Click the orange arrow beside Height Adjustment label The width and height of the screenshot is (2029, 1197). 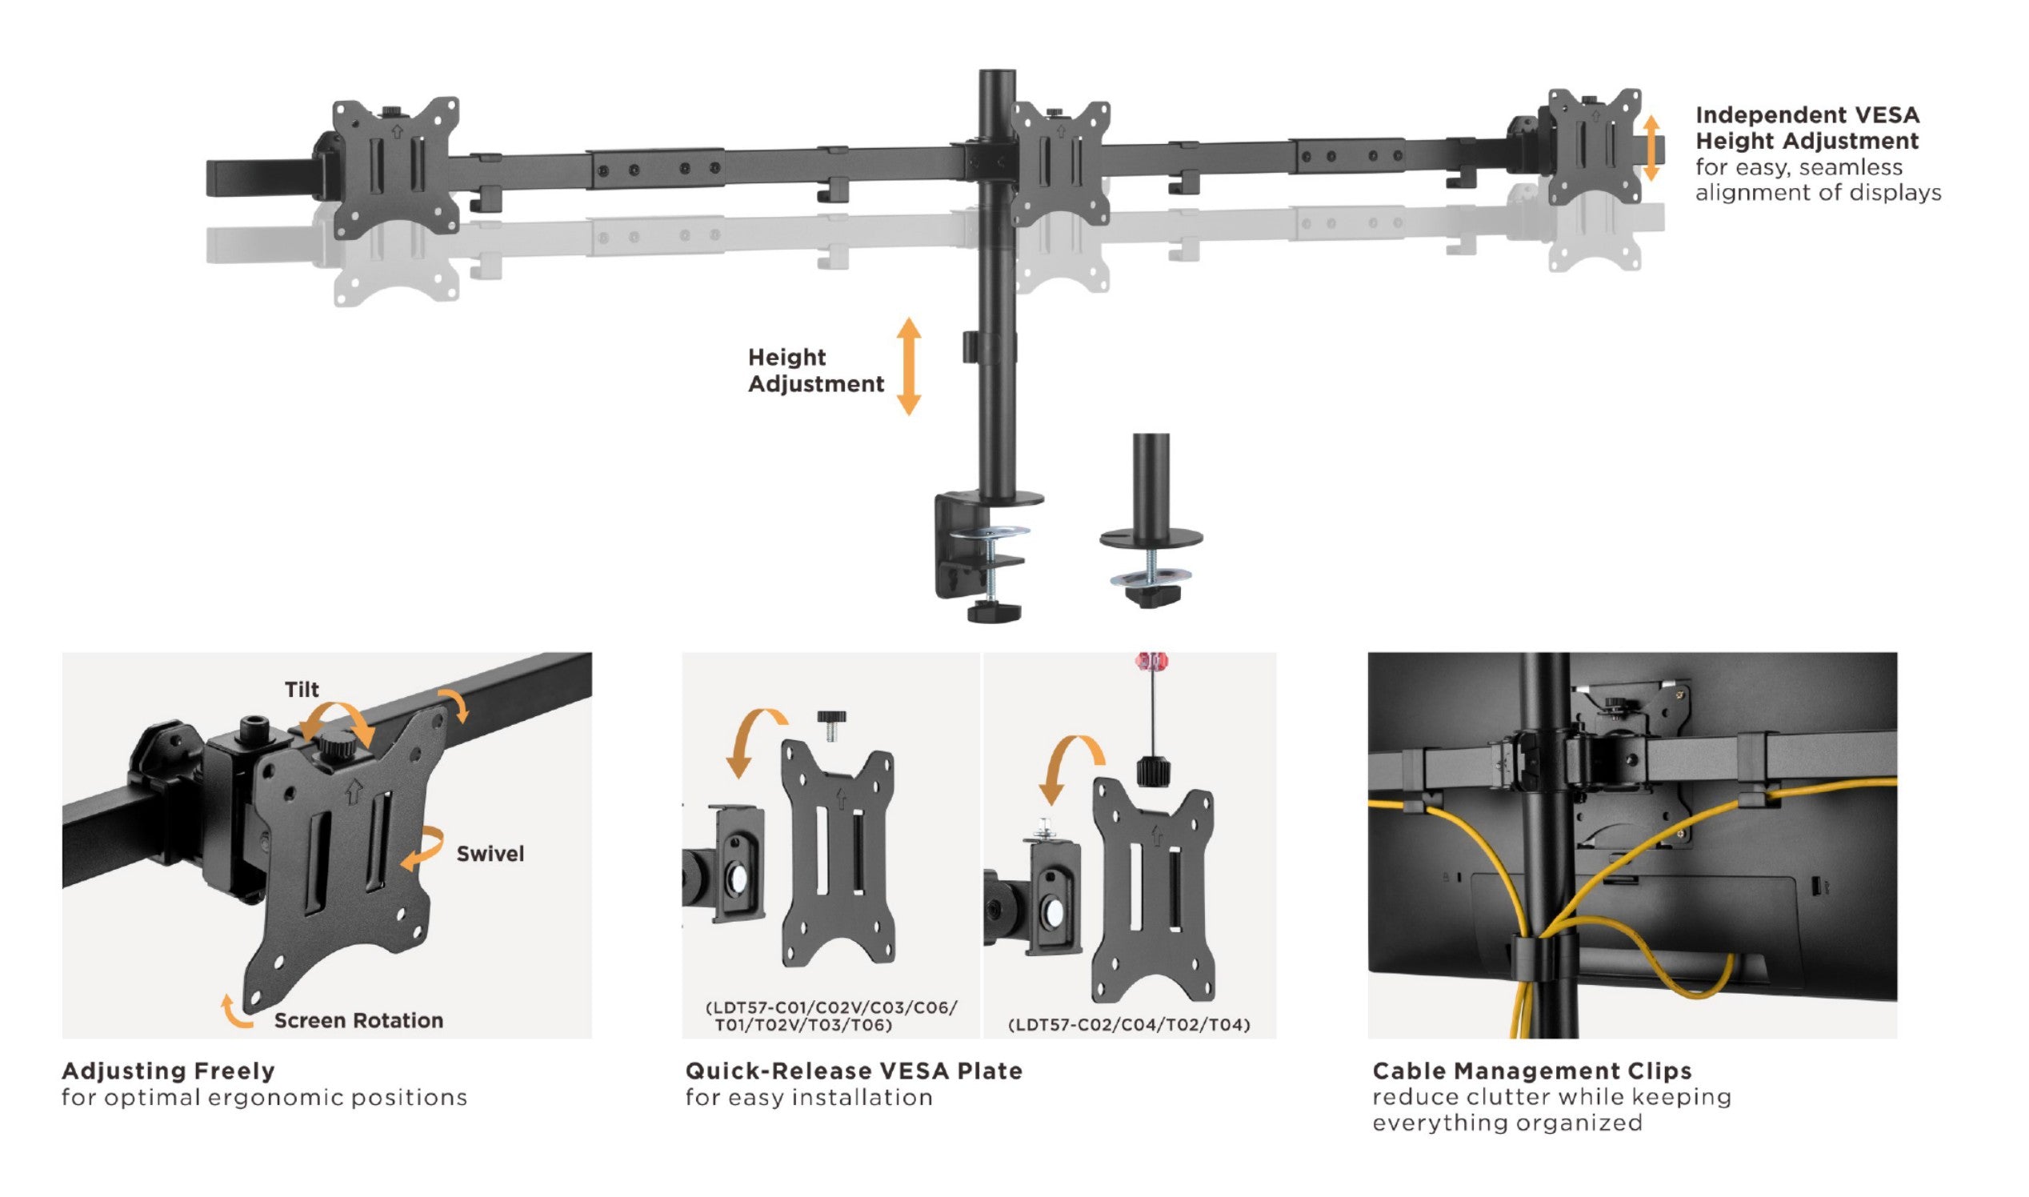(909, 366)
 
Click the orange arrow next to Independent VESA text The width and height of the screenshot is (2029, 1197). (1651, 147)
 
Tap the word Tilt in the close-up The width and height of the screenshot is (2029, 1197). (302, 689)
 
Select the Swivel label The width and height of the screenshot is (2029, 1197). (490, 854)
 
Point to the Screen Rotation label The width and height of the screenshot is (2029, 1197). (358, 1020)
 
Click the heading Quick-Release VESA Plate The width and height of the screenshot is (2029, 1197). (853, 1071)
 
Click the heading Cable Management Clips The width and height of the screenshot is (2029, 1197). (1531, 1071)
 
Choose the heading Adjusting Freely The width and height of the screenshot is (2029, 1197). (169, 1071)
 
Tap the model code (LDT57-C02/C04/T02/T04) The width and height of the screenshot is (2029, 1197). (1128, 1024)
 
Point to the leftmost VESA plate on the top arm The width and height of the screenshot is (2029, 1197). (396, 168)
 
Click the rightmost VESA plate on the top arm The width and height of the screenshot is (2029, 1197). (1595, 146)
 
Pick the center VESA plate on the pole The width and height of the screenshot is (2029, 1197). (1059, 164)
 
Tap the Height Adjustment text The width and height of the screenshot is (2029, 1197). (814, 370)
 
